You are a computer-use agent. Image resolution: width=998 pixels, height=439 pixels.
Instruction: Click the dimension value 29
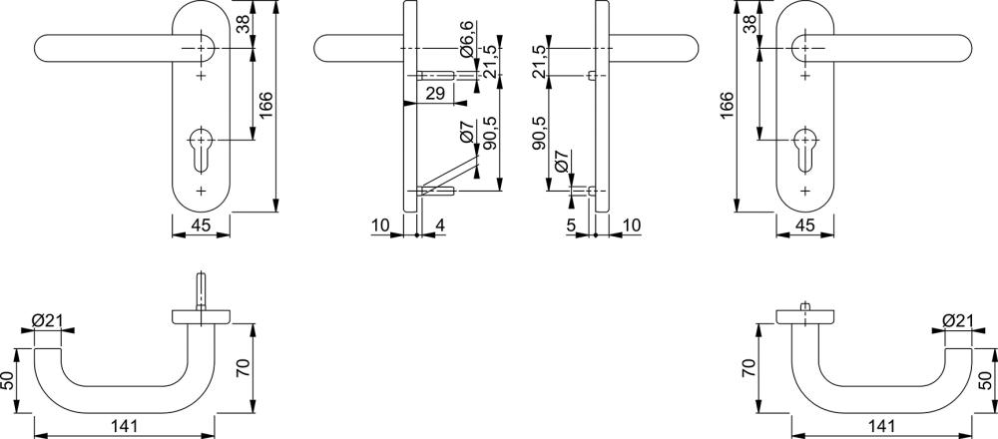tap(434, 94)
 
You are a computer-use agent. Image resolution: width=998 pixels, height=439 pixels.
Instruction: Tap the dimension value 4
tap(440, 224)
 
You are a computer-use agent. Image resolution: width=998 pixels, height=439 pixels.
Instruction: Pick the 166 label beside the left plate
tap(266, 105)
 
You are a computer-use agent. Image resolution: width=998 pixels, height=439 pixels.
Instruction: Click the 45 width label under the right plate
tap(804, 224)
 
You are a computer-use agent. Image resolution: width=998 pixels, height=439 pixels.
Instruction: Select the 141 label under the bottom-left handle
tap(124, 425)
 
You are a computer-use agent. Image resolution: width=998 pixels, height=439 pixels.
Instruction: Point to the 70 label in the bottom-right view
tap(750, 368)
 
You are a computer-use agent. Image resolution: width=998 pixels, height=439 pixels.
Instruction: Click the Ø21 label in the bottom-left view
tap(47, 320)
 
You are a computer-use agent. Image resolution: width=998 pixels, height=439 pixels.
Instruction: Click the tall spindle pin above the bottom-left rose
tap(202, 290)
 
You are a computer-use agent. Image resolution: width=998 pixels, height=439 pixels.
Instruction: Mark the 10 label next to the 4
tap(380, 224)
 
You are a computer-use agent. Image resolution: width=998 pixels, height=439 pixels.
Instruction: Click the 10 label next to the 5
tap(632, 224)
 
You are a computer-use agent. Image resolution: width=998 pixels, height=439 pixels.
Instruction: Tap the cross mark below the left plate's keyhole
tap(202, 190)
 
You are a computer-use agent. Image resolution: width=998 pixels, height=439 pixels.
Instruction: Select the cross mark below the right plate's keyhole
tap(804, 190)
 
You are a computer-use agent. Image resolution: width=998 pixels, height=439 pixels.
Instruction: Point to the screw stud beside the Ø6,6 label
tap(435, 75)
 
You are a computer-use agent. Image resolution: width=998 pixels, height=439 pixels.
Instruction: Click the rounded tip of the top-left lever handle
tap(40, 48)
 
